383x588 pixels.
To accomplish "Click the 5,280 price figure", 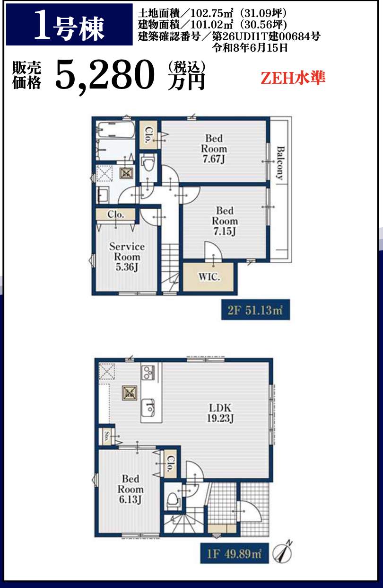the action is point(104,75).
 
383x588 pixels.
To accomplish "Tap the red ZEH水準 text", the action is point(293,78).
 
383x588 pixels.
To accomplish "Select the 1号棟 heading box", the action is point(69,25).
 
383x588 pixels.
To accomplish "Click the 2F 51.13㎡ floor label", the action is point(255,310).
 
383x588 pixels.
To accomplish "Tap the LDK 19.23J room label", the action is point(220,413).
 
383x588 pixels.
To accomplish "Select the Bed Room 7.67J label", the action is point(214,149).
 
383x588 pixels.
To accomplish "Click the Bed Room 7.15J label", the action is point(225,221).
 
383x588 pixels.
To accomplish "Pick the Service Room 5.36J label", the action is point(127,257).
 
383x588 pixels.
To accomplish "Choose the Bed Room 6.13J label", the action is point(131,489).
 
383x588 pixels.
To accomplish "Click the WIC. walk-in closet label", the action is point(209,276).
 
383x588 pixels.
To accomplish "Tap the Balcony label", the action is point(281,163).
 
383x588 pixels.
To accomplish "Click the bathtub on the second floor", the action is point(115,129).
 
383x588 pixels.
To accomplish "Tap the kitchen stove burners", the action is point(148,372).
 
